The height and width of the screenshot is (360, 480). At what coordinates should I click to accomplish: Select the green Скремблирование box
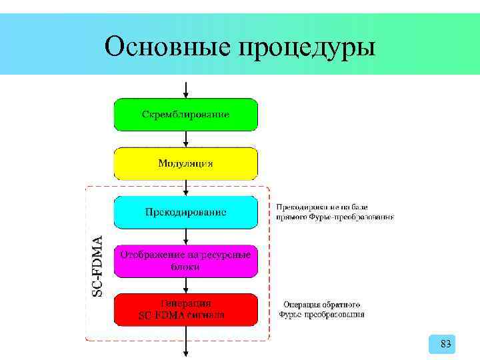[186, 114]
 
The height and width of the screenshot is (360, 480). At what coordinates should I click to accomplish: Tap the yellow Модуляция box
[186, 163]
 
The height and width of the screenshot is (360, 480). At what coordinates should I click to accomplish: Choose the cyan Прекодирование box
[186, 212]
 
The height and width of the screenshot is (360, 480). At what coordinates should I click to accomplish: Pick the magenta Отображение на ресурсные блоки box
[186, 261]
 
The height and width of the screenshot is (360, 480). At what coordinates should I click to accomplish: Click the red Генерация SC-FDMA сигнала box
[186, 309]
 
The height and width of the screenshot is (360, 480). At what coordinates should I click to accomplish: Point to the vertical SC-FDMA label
[97, 265]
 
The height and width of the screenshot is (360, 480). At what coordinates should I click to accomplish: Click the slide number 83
[446, 344]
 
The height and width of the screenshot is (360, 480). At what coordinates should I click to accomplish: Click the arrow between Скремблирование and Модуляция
[186, 139]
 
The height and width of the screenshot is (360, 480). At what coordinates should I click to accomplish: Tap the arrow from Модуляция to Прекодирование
[186, 187]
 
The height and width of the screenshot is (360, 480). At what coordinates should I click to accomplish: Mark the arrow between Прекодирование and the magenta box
[186, 237]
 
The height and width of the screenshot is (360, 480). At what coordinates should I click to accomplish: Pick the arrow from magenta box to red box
[186, 285]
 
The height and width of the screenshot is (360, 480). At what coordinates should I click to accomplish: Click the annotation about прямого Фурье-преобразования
[335, 211]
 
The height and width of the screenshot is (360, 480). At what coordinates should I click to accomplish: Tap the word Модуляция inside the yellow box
[186, 163]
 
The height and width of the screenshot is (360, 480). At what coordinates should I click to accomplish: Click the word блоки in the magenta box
[185, 267]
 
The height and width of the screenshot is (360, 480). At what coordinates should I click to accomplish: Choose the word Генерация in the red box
[186, 303]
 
